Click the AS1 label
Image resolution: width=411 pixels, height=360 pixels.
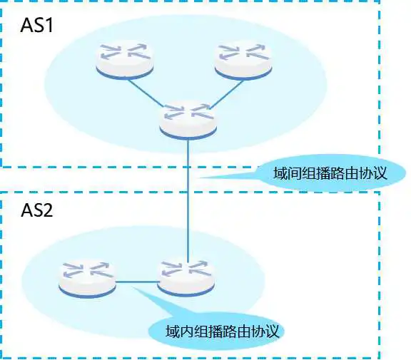[x=36, y=25]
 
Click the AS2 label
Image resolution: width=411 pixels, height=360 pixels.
[x=36, y=210]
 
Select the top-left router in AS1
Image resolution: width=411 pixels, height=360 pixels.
[x=125, y=60]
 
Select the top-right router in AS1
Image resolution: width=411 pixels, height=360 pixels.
[x=243, y=60]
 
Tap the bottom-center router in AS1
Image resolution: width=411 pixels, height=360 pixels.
[x=188, y=120]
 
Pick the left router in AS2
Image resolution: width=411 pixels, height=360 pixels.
[x=87, y=278]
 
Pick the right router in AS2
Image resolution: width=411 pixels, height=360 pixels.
[x=186, y=277]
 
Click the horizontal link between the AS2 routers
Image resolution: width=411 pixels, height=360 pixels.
[x=136, y=282]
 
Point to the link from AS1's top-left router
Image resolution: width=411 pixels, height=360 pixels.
[x=146, y=93]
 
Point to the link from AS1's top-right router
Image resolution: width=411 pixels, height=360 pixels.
[x=226, y=95]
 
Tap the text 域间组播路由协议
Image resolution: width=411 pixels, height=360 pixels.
[x=330, y=173]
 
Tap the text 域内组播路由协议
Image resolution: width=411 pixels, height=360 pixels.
[x=222, y=331]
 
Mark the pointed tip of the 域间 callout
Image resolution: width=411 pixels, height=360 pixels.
[x=200, y=178]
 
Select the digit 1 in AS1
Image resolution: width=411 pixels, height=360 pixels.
[x=49, y=25]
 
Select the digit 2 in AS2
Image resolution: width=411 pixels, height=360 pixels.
[x=48, y=210]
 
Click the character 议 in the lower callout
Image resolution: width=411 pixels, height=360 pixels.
[x=272, y=331]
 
